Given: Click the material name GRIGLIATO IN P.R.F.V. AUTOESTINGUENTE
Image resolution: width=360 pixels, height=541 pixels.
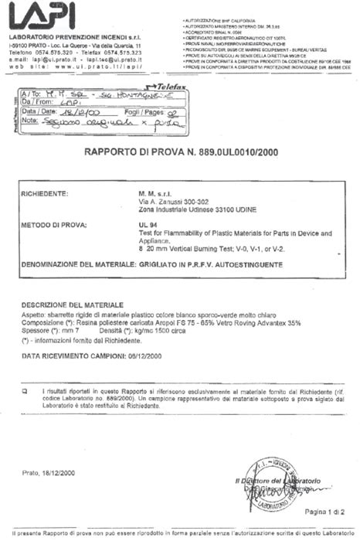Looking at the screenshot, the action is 209,264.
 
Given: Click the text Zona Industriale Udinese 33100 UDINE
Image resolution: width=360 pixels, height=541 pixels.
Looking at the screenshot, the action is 190,211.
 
